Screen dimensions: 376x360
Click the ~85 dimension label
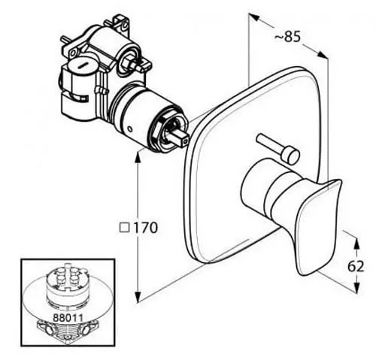pos(287,38)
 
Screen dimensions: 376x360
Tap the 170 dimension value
pos(146,228)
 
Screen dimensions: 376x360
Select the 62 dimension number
pos(356,266)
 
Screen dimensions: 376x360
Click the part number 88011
pos(68,318)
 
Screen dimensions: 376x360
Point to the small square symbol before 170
pos(124,228)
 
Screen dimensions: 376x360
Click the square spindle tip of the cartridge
pos(182,138)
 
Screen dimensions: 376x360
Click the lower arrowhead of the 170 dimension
pos(138,297)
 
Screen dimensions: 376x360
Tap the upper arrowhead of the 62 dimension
pos(356,243)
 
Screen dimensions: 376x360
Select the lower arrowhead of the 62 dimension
pos(356,286)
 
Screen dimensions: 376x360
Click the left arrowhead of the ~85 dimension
pos(253,17)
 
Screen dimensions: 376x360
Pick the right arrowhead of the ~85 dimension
pos(322,55)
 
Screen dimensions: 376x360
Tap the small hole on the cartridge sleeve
pos(130,129)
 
